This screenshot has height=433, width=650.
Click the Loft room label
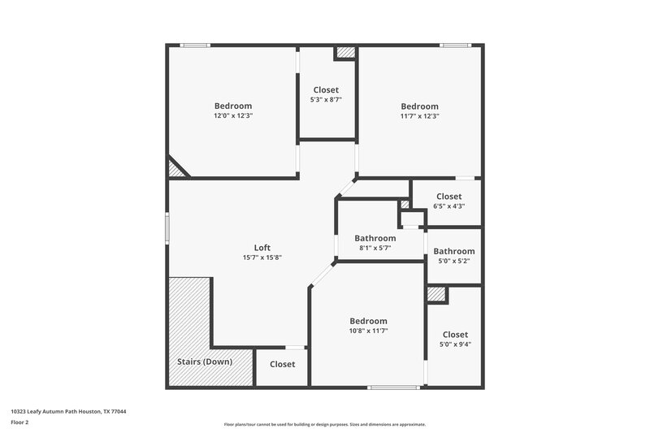tap(262, 248)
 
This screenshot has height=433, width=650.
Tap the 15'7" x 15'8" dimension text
tap(262, 258)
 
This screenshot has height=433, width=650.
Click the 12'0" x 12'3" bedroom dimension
tap(232, 115)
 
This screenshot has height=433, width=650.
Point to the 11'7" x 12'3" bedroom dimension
tap(419, 115)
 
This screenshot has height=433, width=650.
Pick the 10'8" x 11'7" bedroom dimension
tap(368, 331)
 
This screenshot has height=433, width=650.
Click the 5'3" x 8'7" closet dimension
tap(325, 99)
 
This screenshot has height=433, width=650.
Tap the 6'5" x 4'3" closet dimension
tap(448, 206)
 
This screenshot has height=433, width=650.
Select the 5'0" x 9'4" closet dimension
tap(454, 344)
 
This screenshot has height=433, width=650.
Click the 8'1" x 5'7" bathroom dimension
tap(375, 248)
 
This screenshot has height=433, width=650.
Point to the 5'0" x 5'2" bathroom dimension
tap(453, 261)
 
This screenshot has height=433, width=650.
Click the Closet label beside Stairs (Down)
tap(282, 364)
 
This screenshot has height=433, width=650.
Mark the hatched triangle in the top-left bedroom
tap(175, 170)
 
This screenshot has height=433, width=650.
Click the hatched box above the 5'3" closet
tap(346, 53)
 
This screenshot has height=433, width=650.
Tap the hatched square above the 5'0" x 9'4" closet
tap(436, 294)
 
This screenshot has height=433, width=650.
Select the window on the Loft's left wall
tap(167, 227)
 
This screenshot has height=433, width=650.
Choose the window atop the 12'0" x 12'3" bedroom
tap(195, 45)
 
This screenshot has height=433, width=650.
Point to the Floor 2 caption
tap(20, 422)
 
